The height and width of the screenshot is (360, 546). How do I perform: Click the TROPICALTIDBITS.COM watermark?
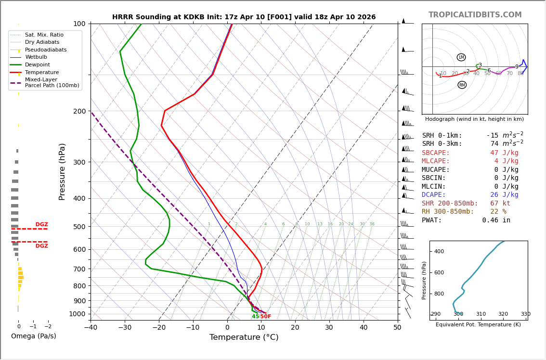(x=475, y=15)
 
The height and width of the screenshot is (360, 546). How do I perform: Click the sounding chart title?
(x=244, y=17)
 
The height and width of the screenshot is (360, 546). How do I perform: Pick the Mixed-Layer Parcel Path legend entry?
(x=52, y=83)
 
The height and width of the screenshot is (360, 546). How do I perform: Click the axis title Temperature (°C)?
(x=244, y=338)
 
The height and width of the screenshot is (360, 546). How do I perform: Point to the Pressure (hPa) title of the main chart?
(x=63, y=171)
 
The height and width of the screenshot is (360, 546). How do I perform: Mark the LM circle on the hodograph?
(x=461, y=57)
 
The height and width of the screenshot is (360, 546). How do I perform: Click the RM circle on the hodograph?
(x=462, y=85)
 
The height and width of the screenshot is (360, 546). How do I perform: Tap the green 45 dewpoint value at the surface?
(x=255, y=317)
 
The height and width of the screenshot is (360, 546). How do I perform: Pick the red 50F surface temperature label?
(x=266, y=317)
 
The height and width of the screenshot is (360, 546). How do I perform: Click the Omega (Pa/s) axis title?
(x=33, y=336)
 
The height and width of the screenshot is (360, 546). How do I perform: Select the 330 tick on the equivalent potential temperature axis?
(x=525, y=314)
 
